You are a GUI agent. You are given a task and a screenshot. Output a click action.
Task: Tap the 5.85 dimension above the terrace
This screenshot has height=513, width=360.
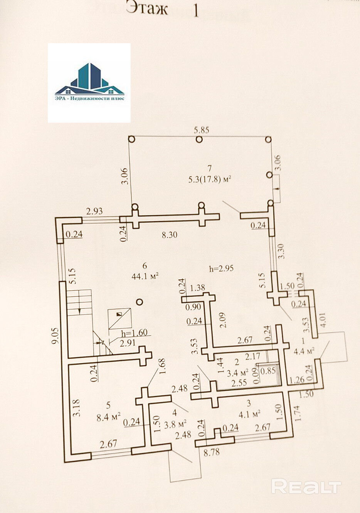pos(201,130)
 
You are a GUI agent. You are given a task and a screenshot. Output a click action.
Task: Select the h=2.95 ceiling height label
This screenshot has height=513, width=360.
pos(221,268)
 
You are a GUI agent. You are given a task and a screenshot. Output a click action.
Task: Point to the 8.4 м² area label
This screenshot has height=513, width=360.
pos(108,416)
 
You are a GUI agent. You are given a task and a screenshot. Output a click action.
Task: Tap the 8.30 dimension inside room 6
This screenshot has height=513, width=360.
pos(169,235)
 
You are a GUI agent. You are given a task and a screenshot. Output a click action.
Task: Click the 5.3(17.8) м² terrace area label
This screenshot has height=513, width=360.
pos(209,179)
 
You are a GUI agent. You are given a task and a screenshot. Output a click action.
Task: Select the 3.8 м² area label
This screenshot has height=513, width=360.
pos(175,424)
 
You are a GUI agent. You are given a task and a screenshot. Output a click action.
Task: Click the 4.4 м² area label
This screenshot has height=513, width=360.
pos(304,351)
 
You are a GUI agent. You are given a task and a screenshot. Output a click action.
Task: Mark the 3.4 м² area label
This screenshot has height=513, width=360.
pos(237,373)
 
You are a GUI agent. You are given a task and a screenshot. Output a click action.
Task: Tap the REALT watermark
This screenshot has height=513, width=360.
pos(306,487)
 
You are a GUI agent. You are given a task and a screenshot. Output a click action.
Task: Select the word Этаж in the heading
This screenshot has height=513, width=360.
pos(147,8)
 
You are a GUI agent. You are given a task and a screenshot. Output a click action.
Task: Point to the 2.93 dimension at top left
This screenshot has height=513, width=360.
pos(94,211)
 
